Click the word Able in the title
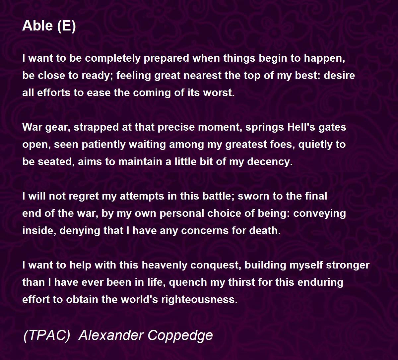[x=38, y=26]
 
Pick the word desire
[x=339, y=75]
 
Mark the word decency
[x=270, y=162]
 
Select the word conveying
[x=320, y=214]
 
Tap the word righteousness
[x=199, y=300]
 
